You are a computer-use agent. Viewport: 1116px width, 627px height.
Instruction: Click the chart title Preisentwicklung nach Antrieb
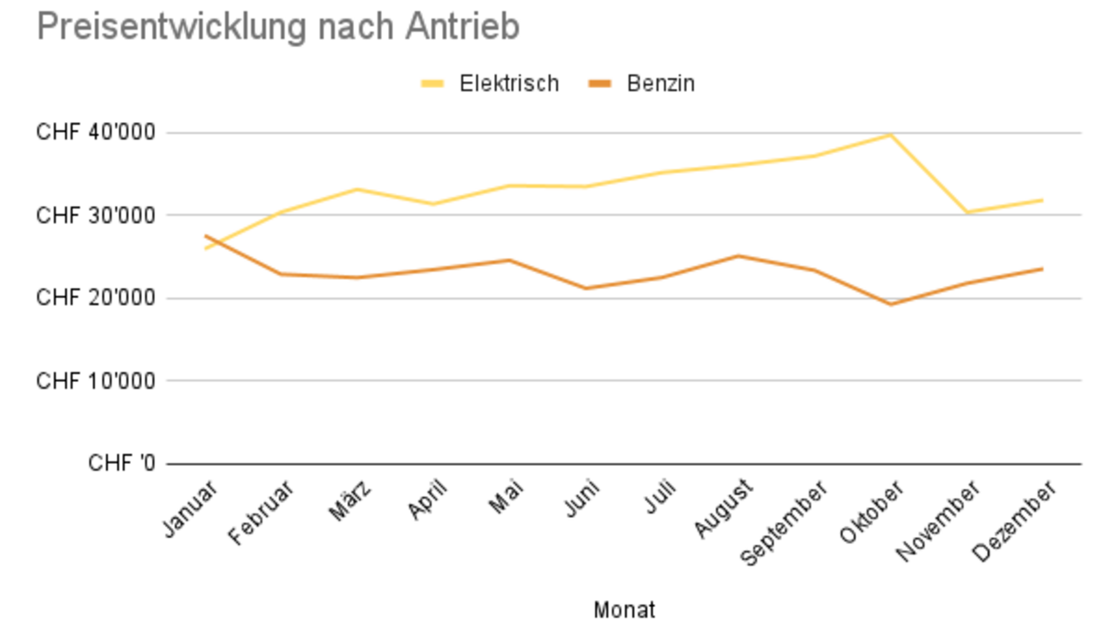pyautogui.click(x=278, y=27)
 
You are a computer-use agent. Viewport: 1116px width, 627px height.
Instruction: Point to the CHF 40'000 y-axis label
pyautogui.click(x=96, y=133)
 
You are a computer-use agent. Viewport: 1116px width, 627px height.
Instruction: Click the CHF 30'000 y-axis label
pyautogui.click(x=96, y=215)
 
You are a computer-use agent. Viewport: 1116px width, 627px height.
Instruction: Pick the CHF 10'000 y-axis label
pyautogui.click(x=96, y=381)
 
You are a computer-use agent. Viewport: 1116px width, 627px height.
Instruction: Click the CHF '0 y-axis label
pyautogui.click(x=121, y=463)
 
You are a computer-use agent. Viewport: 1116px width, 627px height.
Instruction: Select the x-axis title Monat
pyautogui.click(x=624, y=610)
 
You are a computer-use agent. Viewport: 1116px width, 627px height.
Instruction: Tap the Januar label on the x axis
pyautogui.click(x=189, y=509)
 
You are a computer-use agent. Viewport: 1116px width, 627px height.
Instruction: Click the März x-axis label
pyautogui.click(x=350, y=501)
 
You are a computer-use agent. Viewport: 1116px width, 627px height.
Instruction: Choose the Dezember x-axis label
pyautogui.click(x=1015, y=521)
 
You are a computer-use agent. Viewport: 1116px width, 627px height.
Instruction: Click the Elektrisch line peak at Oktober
pyautogui.click(x=890, y=134)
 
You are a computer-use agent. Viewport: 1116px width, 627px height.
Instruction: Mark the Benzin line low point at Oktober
pyautogui.click(x=890, y=304)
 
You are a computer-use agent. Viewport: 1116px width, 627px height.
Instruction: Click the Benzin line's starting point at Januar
pyautogui.click(x=206, y=235)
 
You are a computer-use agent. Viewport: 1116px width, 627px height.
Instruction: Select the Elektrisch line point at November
pyautogui.click(x=966, y=212)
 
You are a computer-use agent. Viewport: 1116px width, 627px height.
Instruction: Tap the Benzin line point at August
pyautogui.click(x=738, y=256)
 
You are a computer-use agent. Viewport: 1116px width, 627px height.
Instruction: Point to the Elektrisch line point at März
pyautogui.click(x=357, y=189)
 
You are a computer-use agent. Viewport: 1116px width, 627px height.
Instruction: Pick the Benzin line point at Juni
pyautogui.click(x=586, y=288)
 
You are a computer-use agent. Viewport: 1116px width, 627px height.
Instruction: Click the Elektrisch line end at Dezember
pyautogui.click(x=1042, y=200)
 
